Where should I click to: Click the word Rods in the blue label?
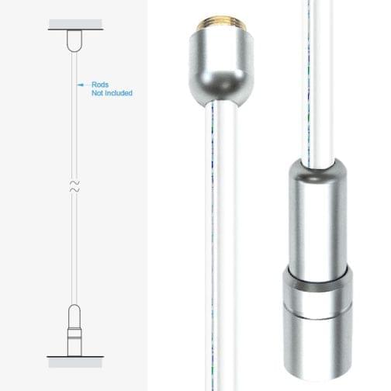(x=100, y=85)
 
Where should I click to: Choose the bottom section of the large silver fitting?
(x=318, y=341)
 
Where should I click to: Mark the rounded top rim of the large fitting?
(x=318, y=166)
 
